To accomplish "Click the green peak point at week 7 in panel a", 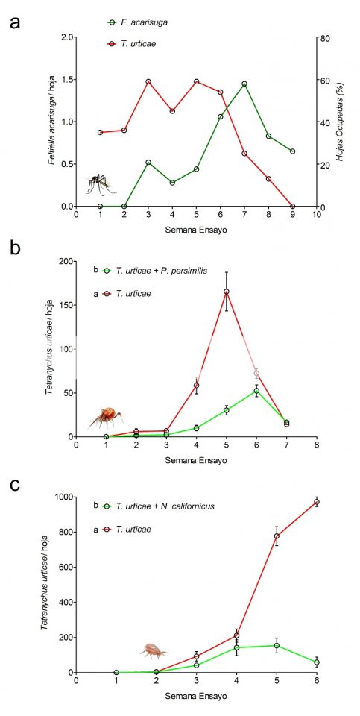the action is (244, 84).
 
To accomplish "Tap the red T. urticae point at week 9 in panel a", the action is (292, 207).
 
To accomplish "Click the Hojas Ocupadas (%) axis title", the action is (341, 122).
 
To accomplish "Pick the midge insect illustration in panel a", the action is (101, 183).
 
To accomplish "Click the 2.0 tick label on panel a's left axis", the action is (68, 37).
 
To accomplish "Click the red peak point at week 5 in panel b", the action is (227, 292).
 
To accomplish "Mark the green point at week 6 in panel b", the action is (256, 391).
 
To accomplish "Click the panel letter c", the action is (15, 486).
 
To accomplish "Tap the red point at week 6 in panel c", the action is (317, 502).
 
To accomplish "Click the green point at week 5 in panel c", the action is (277, 646).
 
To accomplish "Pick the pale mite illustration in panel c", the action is (154, 650).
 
